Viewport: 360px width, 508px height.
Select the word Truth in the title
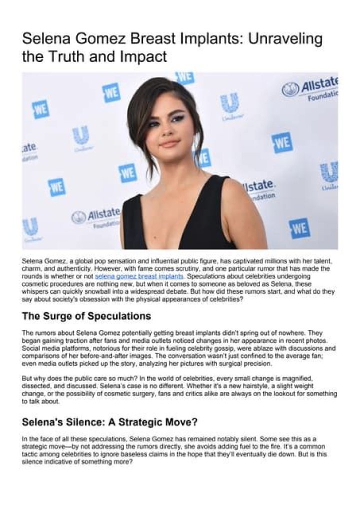[69, 56]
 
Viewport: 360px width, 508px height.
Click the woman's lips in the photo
[169, 143]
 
